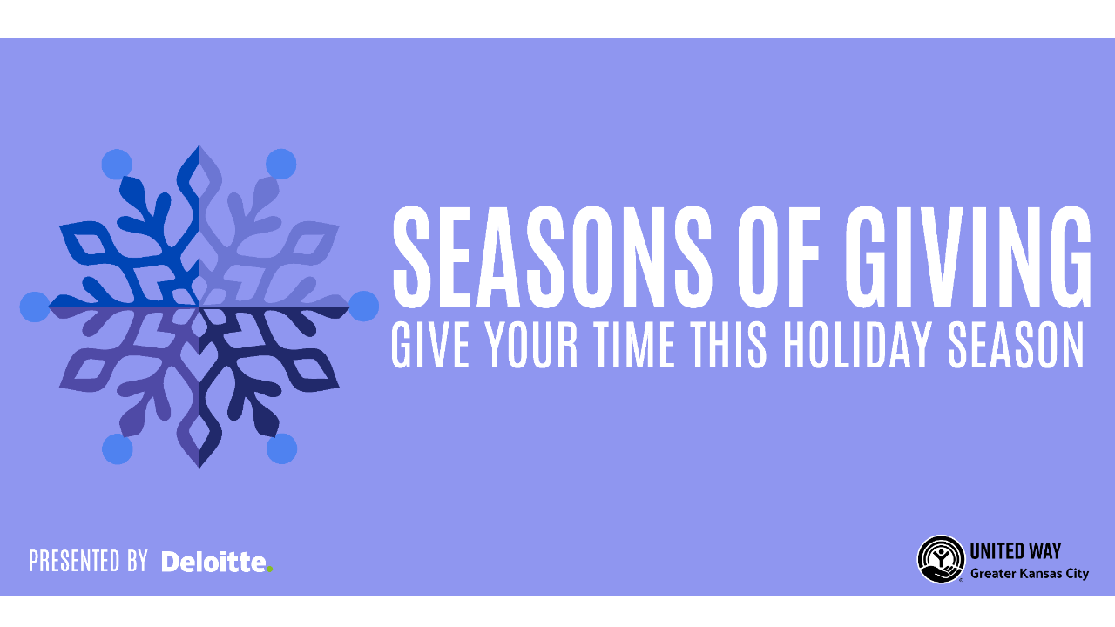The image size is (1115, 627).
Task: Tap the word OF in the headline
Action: [779, 256]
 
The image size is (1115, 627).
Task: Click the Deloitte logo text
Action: [214, 562]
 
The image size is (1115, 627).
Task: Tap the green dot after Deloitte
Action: [270, 570]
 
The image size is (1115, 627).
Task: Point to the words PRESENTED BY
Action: [88, 562]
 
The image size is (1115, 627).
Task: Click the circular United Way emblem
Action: [941, 559]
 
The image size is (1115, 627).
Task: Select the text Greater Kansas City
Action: [1029, 574]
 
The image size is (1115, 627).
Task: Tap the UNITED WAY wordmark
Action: [1016, 551]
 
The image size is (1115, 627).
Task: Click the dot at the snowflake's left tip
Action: [35, 307]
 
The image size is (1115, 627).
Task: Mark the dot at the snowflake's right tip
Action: [364, 307]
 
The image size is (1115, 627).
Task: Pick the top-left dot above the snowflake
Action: [117, 164]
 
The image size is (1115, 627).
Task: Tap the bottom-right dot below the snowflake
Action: [281, 449]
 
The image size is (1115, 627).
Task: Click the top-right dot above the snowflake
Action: [281, 164]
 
